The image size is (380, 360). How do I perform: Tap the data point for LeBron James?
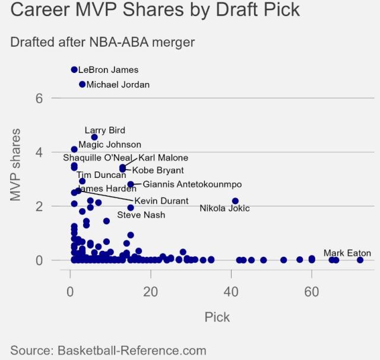(x=74, y=69)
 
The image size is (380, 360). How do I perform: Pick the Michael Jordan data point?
(x=83, y=84)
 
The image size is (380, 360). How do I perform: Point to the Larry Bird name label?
(x=105, y=130)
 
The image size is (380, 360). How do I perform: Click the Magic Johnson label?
(x=110, y=145)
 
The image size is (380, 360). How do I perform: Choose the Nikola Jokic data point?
(x=235, y=201)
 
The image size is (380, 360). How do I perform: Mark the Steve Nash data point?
(x=131, y=208)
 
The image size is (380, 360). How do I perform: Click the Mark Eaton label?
(x=347, y=253)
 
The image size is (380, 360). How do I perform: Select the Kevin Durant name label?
(x=161, y=201)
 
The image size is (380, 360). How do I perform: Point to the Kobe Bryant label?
(x=158, y=171)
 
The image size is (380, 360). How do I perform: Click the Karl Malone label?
(x=163, y=158)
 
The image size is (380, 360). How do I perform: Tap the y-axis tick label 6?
(x=39, y=98)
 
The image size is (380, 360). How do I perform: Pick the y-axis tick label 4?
(x=39, y=152)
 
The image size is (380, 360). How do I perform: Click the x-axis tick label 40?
(x=231, y=292)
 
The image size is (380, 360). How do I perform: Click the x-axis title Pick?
(x=217, y=317)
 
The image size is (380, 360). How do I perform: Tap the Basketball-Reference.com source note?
(x=108, y=351)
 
